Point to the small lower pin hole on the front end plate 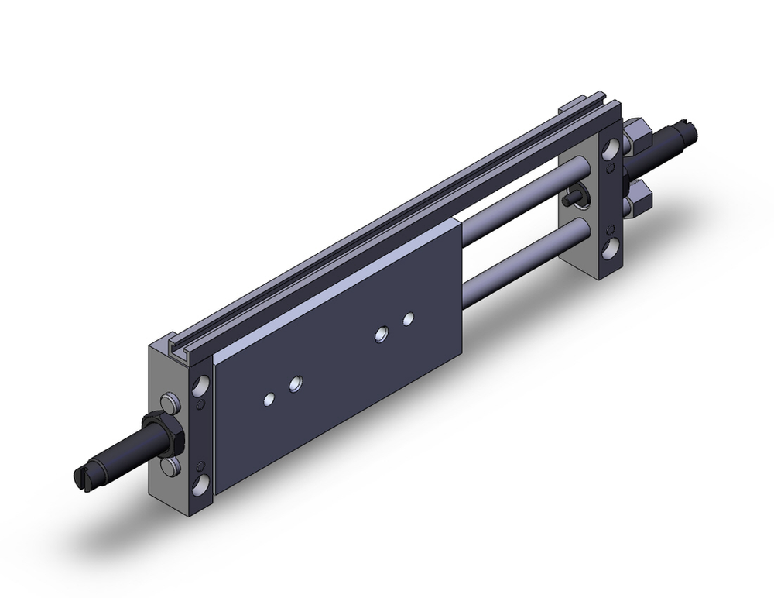coord(201,465)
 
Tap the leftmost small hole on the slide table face coord(269,399)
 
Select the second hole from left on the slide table coord(295,383)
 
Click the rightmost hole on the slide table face coord(408,318)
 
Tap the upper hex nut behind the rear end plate coord(636,136)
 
